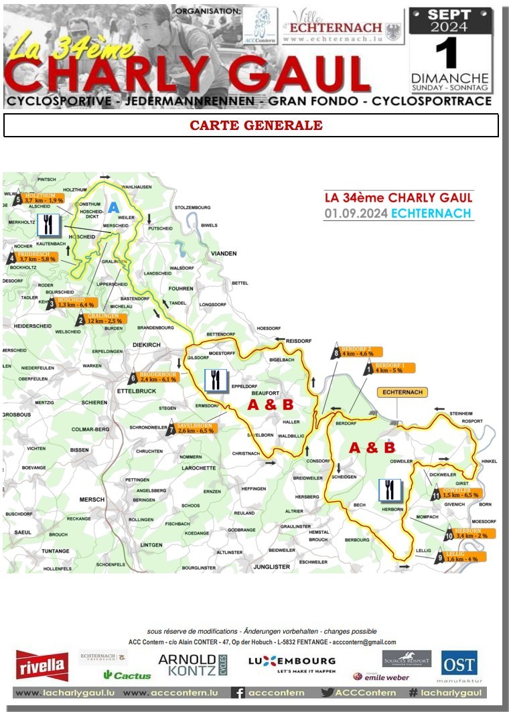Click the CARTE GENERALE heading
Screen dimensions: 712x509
256,125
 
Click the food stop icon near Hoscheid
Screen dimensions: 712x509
48,226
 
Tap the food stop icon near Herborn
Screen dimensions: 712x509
389,490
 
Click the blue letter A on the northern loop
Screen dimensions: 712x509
113,208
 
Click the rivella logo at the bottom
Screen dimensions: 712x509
42,665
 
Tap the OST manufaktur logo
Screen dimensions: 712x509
459,667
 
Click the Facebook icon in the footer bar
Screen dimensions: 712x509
238,693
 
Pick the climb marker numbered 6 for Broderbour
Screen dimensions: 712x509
133,377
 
